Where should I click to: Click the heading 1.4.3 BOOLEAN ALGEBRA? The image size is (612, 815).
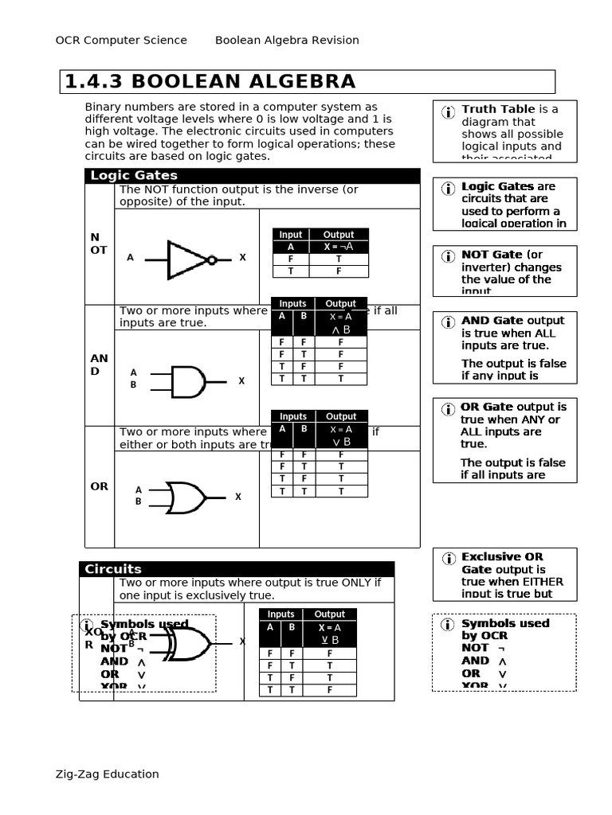[x=210, y=82]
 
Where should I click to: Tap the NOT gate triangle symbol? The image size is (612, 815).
[x=188, y=259]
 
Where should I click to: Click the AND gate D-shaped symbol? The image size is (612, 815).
[x=188, y=382]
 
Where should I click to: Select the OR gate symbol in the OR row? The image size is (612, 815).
[x=185, y=497]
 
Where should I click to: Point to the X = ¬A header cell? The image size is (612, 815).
[x=338, y=247]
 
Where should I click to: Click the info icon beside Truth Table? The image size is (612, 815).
[x=448, y=112]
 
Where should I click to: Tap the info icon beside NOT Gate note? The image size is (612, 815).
[x=448, y=255]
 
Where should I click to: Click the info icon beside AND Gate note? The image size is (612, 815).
[x=448, y=322]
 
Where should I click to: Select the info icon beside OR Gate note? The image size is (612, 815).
[x=447, y=408]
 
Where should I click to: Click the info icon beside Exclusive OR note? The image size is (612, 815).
[x=448, y=558]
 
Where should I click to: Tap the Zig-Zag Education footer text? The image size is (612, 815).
[x=107, y=774]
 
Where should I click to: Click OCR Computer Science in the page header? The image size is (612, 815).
[x=121, y=40]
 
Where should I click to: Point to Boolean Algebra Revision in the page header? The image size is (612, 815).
[x=287, y=40]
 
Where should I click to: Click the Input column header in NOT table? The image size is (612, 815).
[x=290, y=234]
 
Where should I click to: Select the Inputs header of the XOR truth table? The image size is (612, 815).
[x=280, y=614]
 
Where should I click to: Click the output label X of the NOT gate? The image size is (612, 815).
[x=243, y=258]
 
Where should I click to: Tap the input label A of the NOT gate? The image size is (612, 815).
[x=131, y=258]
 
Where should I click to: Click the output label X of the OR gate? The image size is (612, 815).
[x=237, y=497]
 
